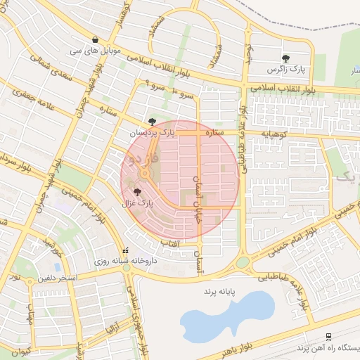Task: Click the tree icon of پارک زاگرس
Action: pos(286,58)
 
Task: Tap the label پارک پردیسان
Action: pos(150,131)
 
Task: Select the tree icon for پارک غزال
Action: pos(136,191)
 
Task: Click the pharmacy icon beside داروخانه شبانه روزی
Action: pos(126,250)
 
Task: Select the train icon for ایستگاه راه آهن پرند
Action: pos(328,337)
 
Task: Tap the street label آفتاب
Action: pos(170,243)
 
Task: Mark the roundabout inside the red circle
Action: pos(144,174)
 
